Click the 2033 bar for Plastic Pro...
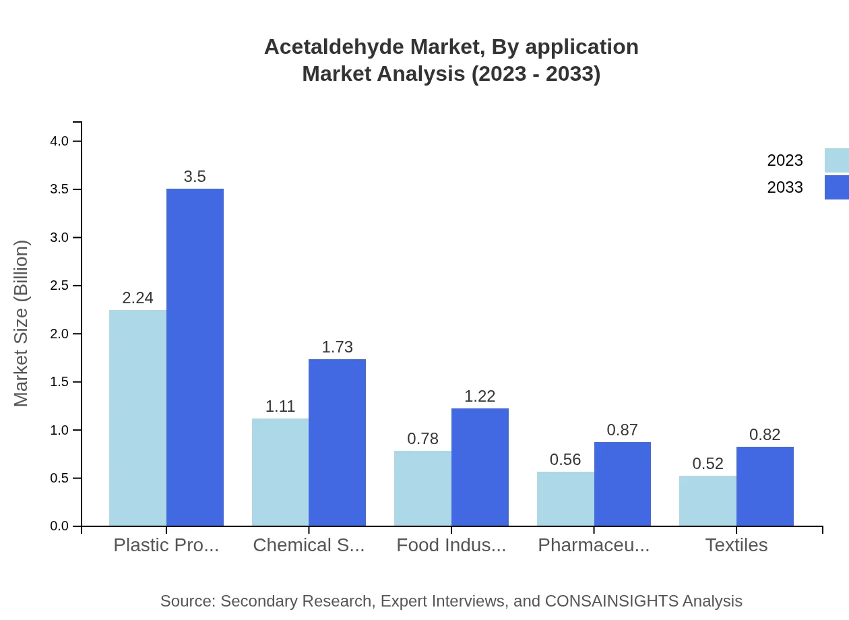coord(195,357)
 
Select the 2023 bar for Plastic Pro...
coord(137,418)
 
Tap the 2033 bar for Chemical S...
coord(337,442)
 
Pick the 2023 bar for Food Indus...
coord(422,488)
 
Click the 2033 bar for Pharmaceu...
coord(623,484)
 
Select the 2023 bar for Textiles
coord(707,501)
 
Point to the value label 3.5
coord(195,177)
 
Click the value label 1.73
coord(337,347)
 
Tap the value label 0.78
coord(422,439)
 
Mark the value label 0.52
coord(707,464)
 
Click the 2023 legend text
coord(784,160)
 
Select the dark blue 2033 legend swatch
coord(836,187)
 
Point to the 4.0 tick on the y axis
coord(59,141)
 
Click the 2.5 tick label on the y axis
coord(59,286)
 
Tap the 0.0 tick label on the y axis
coord(59,526)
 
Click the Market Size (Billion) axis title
coord(22,323)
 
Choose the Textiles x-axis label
coord(736,545)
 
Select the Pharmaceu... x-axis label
coord(594,545)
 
